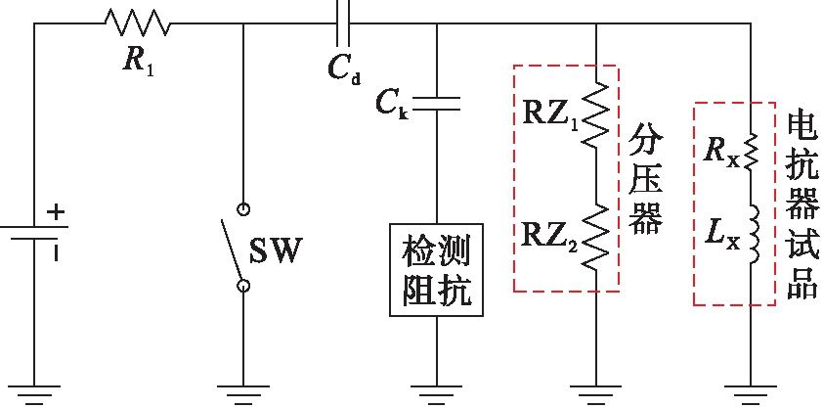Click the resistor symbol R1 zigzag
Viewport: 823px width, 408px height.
pos(137,23)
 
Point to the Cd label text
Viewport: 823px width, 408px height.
pos(344,69)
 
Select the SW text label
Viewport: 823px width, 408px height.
pos(277,251)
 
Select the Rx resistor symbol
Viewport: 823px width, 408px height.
pos(752,153)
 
